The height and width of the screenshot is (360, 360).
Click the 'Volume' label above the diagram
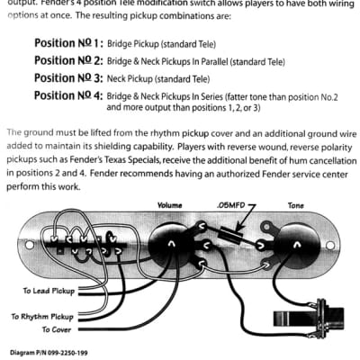tap(170, 204)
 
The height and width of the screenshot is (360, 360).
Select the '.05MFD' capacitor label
tap(231, 204)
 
